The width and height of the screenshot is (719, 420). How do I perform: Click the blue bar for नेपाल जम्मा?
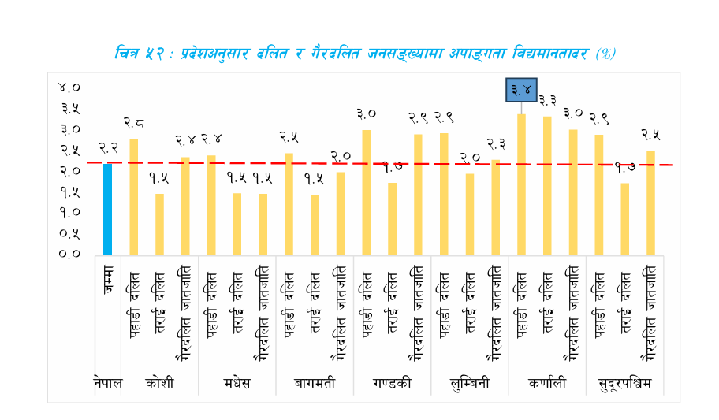[108, 209]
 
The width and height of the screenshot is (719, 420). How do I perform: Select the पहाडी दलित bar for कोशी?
[134, 197]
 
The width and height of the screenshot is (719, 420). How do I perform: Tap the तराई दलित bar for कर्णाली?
[548, 186]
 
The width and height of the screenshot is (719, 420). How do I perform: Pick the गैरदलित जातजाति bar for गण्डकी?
[419, 195]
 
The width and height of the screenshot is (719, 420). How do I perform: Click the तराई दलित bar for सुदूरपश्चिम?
[625, 219]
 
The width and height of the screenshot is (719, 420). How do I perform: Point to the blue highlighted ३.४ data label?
[522, 90]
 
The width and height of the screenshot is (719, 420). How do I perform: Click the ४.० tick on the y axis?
[70, 87]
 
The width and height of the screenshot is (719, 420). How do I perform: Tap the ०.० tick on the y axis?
[70, 254]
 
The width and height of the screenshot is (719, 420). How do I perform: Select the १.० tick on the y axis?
[70, 212]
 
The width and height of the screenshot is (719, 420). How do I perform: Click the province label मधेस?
[237, 384]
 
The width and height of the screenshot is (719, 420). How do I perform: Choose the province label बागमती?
[315, 384]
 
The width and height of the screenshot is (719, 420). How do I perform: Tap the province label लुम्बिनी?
[470, 384]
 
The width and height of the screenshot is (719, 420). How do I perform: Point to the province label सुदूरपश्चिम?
[625, 384]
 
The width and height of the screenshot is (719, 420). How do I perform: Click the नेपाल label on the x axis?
[108, 384]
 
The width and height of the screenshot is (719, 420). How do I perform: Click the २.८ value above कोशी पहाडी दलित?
[134, 122]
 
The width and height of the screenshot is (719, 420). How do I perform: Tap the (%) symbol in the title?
[605, 54]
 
